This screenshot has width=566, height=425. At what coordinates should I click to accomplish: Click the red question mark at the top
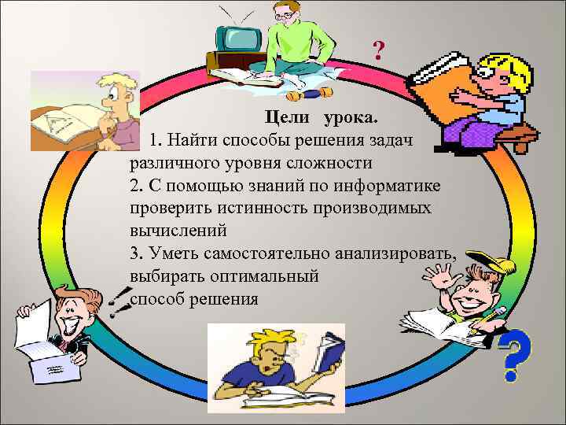379,53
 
